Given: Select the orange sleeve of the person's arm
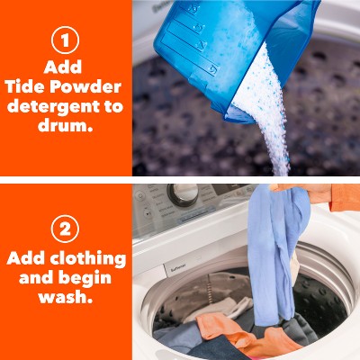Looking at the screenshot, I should (345, 196).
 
